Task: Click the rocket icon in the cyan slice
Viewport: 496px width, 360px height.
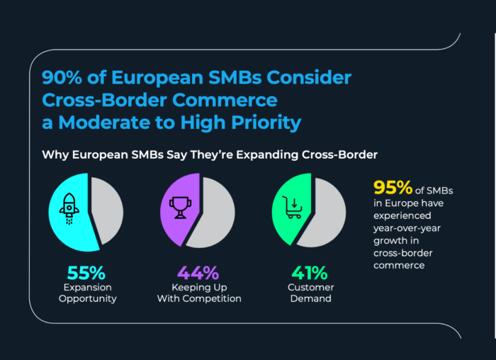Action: (69, 206)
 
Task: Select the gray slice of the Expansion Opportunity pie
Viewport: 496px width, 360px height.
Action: (108, 210)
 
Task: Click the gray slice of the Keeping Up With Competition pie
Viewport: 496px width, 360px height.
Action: (213, 213)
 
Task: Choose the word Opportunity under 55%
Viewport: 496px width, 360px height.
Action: (86, 298)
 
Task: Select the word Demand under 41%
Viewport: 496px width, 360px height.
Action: (309, 298)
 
